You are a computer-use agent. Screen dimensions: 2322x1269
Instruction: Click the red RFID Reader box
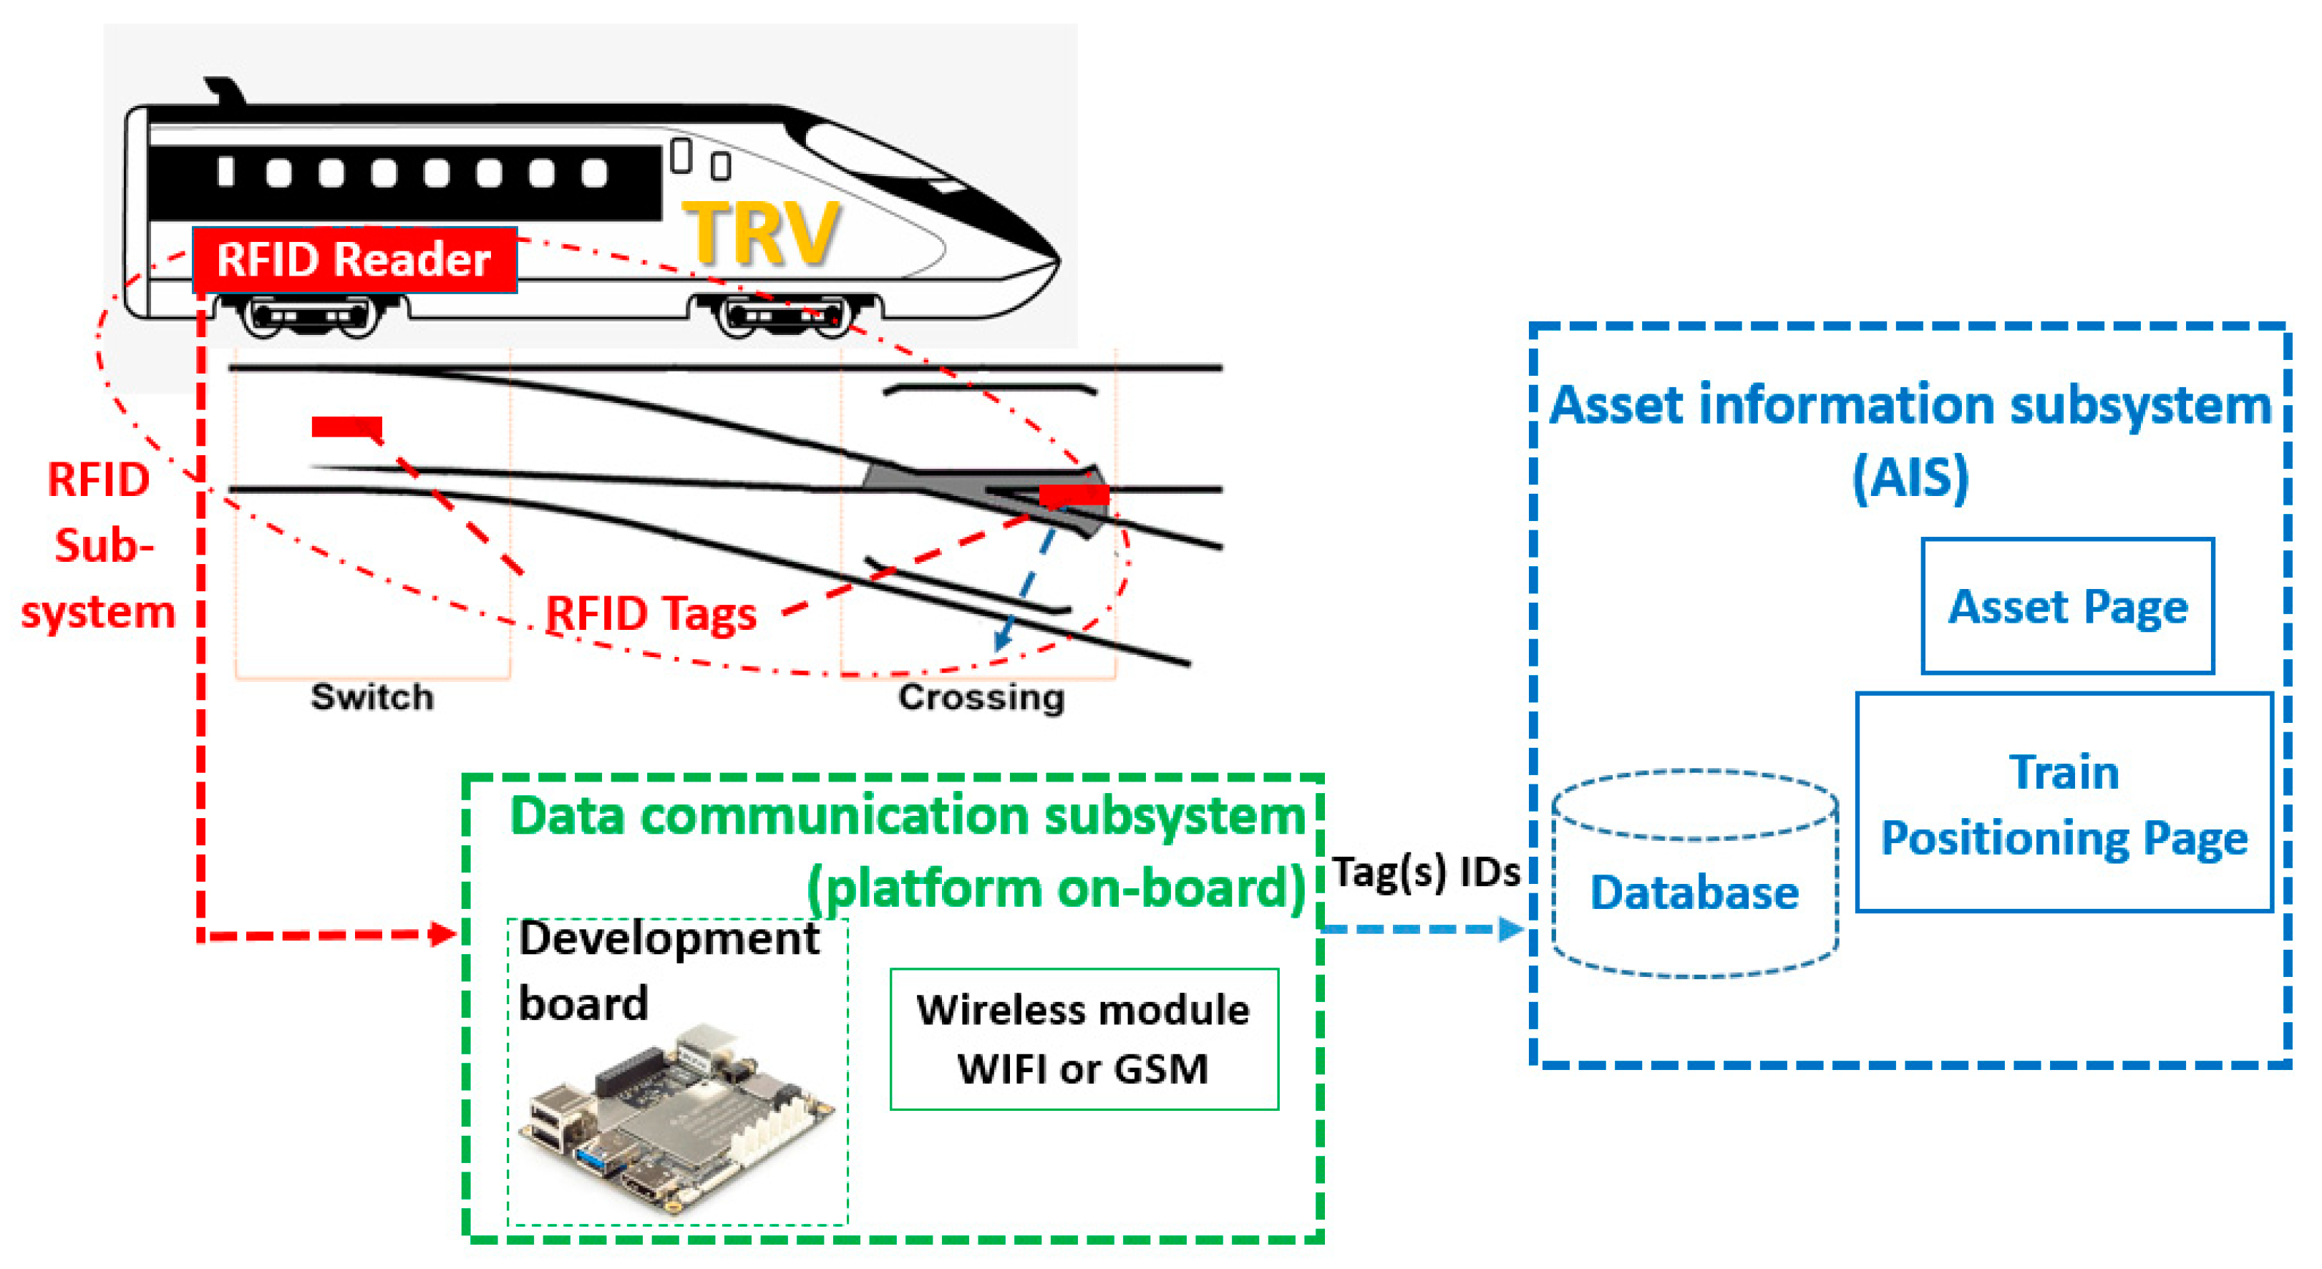(354, 260)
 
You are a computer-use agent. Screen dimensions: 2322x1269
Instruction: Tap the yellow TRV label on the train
(762, 233)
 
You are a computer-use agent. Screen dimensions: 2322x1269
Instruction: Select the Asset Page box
(2068, 606)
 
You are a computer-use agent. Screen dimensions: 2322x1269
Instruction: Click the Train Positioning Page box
(2064, 802)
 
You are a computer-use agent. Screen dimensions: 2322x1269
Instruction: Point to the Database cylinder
(1695, 873)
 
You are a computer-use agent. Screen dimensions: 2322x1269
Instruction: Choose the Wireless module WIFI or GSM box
(1084, 1039)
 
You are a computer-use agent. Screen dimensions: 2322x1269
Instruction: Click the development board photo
(677, 1117)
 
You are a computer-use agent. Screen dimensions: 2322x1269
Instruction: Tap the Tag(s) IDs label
(1426, 872)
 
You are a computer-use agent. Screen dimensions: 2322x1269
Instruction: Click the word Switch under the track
(371, 696)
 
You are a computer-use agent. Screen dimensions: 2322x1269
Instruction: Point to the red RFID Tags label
(651, 615)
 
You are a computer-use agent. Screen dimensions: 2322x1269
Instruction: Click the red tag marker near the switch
(347, 427)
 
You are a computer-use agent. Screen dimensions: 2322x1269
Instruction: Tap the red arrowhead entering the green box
(444, 934)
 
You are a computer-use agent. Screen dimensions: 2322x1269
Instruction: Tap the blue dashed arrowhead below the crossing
(1001, 639)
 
